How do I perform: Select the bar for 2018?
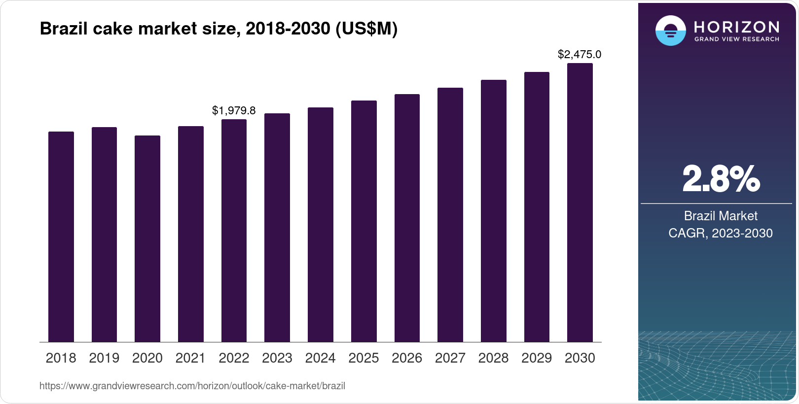pos(61,236)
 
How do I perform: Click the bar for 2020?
pos(147,238)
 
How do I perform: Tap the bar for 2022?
pos(234,231)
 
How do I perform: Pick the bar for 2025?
pos(363,221)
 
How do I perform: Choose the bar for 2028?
pos(493,211)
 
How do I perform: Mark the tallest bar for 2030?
pos(580,202)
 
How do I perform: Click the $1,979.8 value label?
pos(234,110)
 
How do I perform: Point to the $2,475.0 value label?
pos(580,55)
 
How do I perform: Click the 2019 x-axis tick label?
pos(104,358)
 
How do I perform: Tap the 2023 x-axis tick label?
pos(277,358)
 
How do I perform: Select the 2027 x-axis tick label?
pos(450,358)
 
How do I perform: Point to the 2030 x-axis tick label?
pos(580,358)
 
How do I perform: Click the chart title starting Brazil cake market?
pos(218,29)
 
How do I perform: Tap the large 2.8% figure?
pos(721,179)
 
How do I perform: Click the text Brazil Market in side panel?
pos(721,216)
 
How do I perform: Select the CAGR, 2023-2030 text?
pos(721,233)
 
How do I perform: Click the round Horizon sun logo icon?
pos(670,31)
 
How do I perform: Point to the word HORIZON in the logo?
pos(737,27)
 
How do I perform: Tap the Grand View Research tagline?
pos(737,39)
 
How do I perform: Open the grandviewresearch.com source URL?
pos(192,386)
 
